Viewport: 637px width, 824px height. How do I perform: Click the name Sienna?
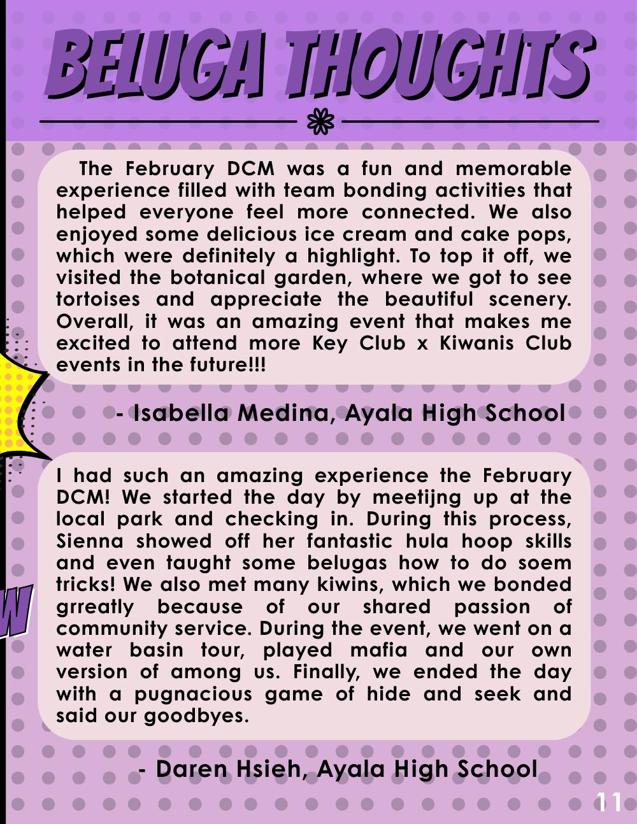click(x=89, y=541)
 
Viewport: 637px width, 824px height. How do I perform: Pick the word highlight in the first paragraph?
click(x=350, y=256)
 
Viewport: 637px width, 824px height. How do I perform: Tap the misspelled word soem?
click(x=546, y=563)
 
